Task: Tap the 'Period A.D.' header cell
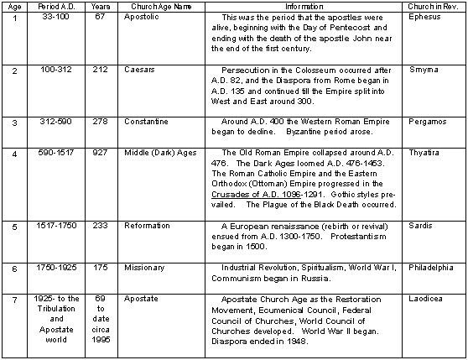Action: pos(52,6)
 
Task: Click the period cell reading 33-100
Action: pos(52,17)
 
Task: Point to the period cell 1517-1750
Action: pos(52,227)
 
